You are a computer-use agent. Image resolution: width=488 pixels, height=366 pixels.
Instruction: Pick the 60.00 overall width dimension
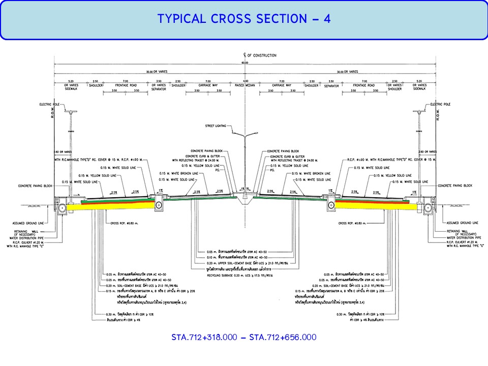tap(245, 63)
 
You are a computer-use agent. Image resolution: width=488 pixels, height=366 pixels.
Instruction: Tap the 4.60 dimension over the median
tap(245, 81)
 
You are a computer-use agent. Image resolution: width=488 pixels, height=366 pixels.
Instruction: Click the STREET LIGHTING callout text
tap(217, 125)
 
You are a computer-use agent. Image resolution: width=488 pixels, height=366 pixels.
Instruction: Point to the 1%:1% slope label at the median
tap(245, 189)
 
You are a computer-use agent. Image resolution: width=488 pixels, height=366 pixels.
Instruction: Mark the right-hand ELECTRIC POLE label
tap(440, 104)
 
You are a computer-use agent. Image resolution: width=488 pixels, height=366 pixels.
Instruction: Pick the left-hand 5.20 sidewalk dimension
tap(71, 81)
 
